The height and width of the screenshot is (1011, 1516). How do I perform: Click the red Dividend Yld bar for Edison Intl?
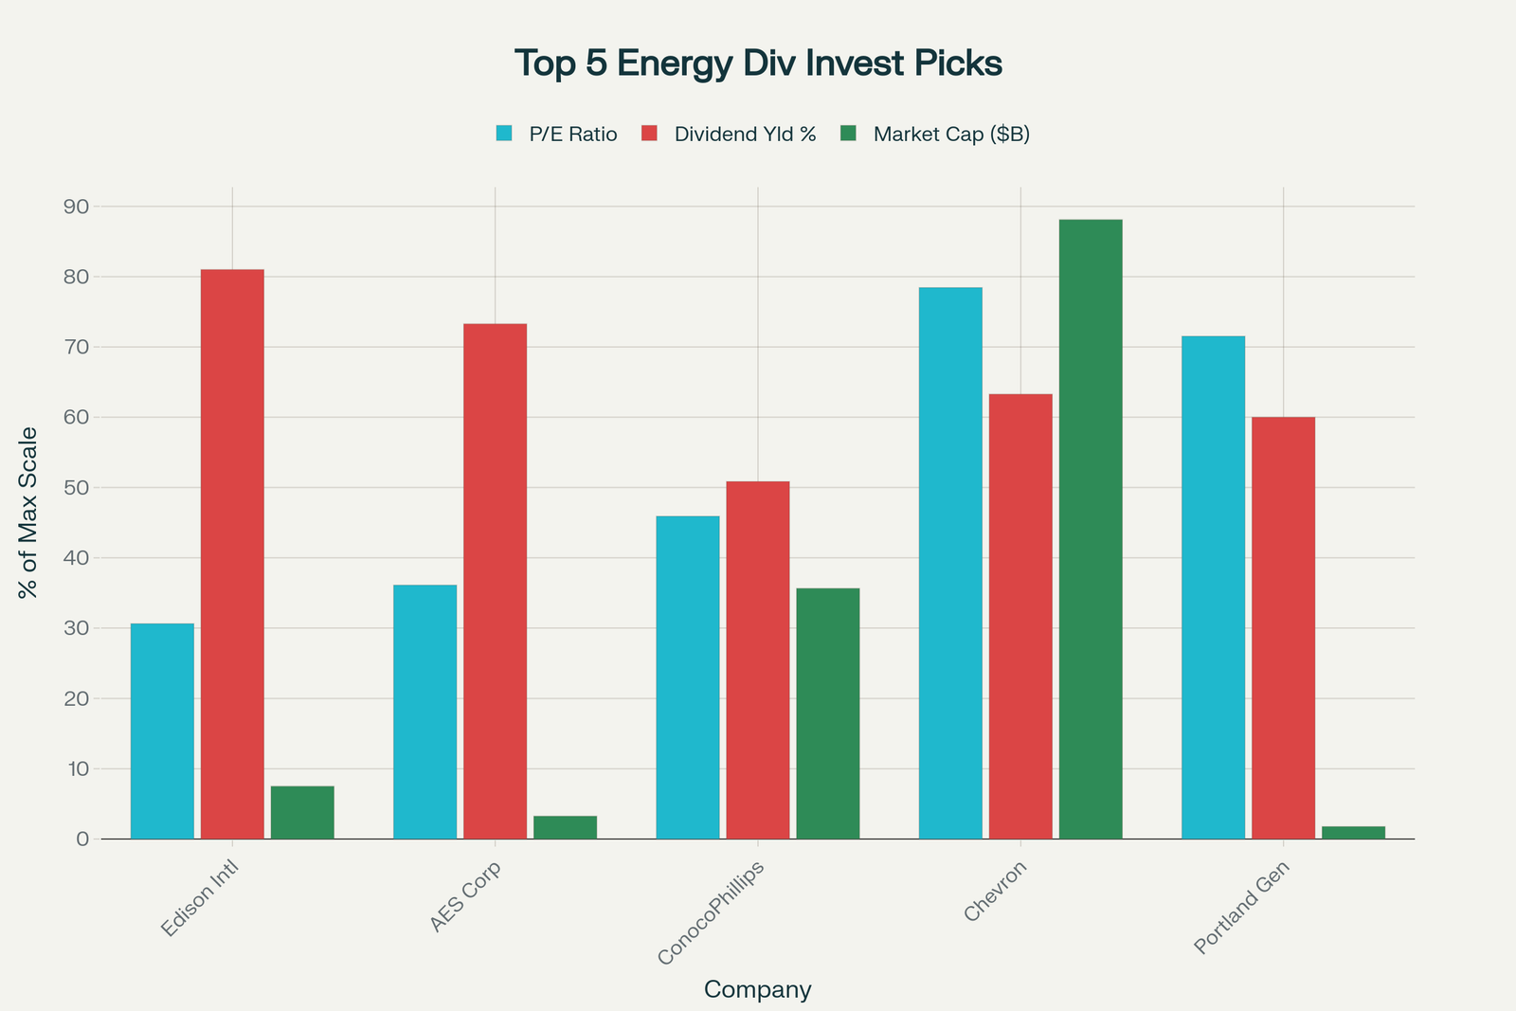pos(232,554)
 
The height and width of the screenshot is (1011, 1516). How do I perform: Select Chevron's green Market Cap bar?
pos(1091,529)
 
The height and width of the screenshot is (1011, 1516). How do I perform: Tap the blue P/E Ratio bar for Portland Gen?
pos(1213,587)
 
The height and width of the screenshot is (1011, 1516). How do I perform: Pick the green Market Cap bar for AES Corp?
pos(565,827)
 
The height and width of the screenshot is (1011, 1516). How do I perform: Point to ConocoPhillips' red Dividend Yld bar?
pos(757,660)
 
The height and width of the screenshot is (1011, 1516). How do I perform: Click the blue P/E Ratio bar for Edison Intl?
pos(162,731)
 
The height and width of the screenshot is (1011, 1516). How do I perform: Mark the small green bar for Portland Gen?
pos(1353,832)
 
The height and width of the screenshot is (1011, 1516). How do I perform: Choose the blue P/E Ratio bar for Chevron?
pos(950,563)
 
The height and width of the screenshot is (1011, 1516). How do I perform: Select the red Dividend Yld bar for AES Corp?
pos(495,581)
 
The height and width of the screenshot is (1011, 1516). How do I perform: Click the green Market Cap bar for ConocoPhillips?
pos(827,713)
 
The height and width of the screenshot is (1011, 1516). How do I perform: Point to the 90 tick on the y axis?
pos(77,207)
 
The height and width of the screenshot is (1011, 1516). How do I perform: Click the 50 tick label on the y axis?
pos(77,488)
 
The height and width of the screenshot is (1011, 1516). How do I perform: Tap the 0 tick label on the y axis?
pos(82,839)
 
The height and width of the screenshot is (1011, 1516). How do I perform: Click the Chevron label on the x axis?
pos(995,892)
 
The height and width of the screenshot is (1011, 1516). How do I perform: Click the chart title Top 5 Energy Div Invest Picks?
pos(758,63)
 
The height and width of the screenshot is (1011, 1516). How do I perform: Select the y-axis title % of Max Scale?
pos(28,513)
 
